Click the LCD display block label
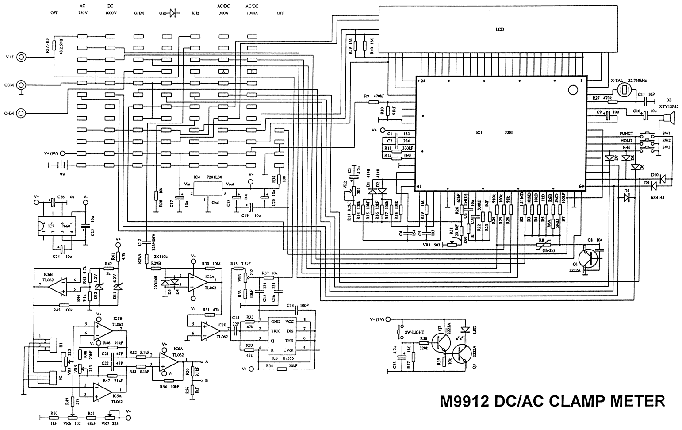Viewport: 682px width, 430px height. (x=500, y=30)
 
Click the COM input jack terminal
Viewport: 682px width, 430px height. (x=21, y=85)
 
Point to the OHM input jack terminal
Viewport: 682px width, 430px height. (x=21, y=113)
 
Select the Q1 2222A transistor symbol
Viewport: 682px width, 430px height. (x=588, y=258)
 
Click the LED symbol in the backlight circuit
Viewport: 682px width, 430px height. (x=464, y=330)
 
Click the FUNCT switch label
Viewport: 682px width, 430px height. (x=626, y=133)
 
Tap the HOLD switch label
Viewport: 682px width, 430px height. (x=626, y=140)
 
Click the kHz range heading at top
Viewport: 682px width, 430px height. (x=195, y=13)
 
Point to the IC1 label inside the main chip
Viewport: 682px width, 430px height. (x=479, y=132)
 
